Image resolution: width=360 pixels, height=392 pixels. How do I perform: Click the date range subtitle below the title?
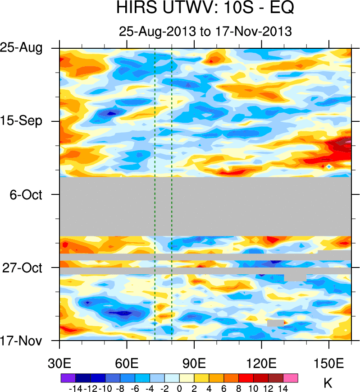point(205,32)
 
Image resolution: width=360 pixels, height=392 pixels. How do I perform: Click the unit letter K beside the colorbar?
point(328,383)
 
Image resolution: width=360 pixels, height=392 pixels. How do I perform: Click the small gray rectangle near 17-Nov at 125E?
point(275,323)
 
